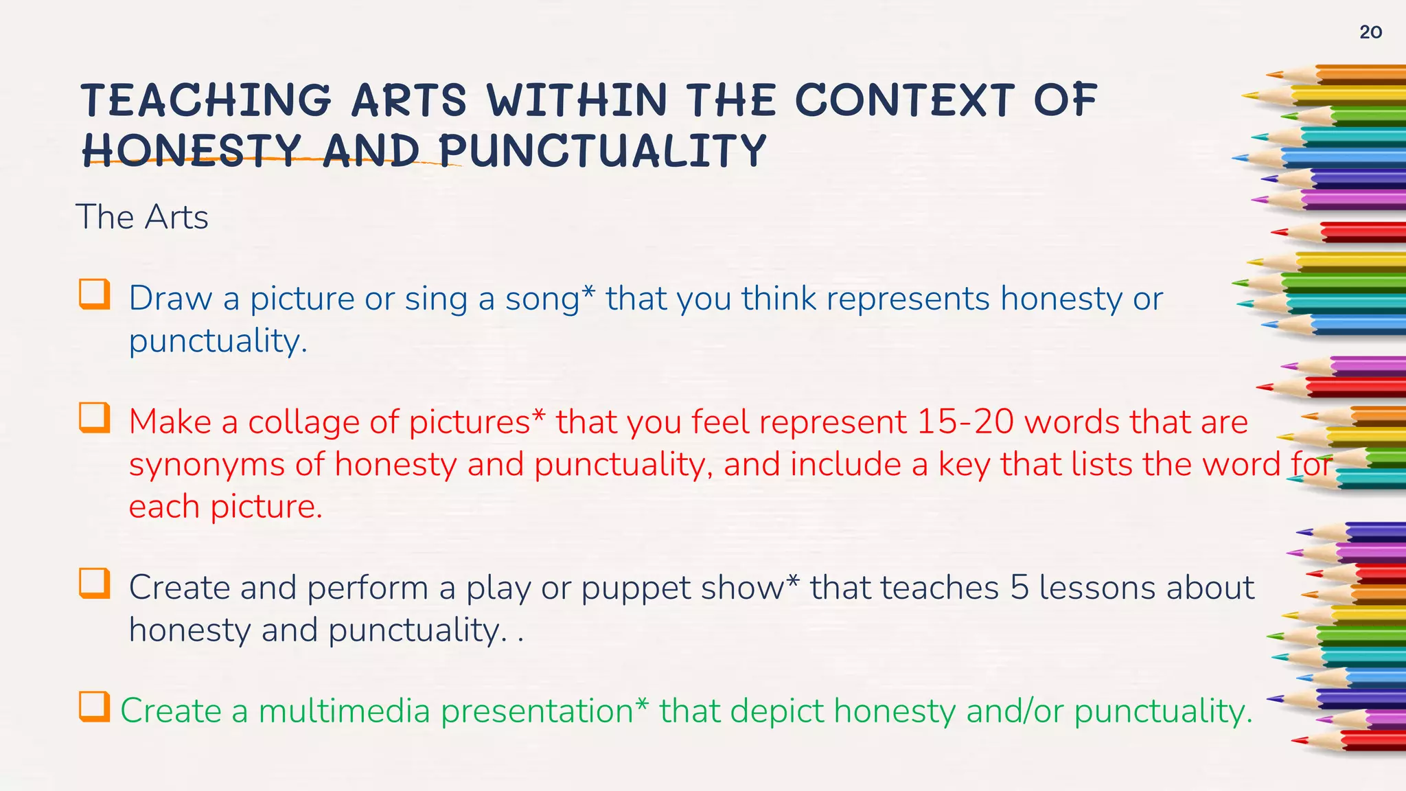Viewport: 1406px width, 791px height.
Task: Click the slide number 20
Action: point(1370,32)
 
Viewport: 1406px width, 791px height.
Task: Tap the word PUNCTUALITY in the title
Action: point(602,150)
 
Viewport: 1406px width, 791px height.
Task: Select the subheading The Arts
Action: point(142,218)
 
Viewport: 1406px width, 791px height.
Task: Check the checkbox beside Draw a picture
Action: point(94,294)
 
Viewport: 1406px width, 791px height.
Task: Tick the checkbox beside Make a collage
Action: point(94,417)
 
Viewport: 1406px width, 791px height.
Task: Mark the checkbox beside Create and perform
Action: point(94,583)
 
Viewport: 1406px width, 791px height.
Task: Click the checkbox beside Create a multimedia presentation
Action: point(94,707)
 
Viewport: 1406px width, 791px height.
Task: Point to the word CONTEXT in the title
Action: point(905,100)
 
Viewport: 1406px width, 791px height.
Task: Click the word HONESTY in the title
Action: point(192,150)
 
